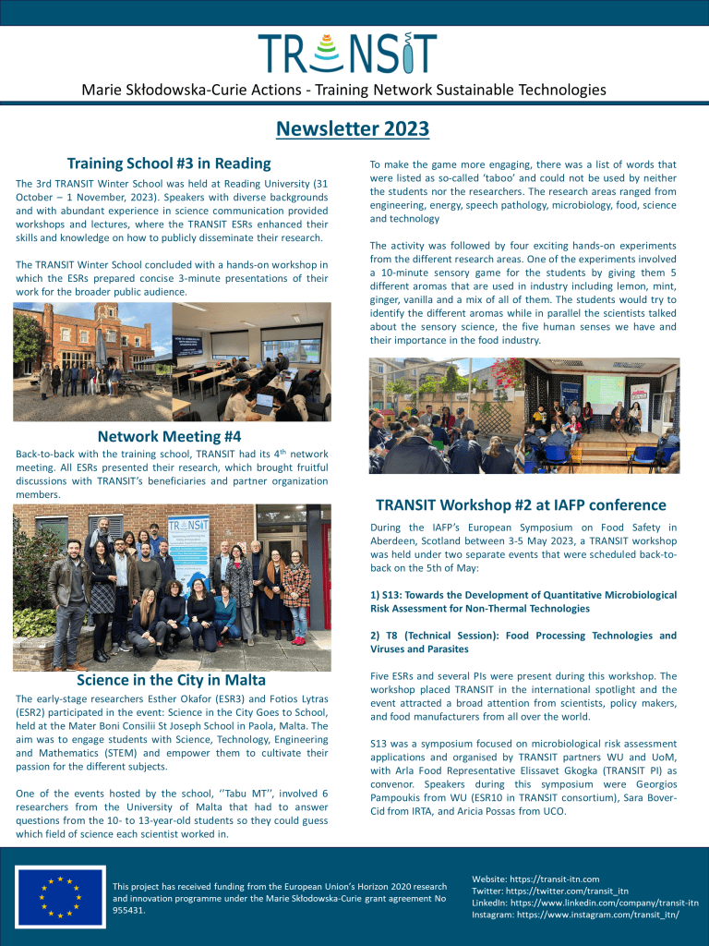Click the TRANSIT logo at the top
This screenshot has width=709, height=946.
(x=347, y=53)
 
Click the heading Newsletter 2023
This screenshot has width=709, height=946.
(x=354, y=128)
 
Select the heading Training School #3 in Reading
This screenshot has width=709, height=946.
(x=169, y=164)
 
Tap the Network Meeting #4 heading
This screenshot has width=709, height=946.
(x=169, y=436)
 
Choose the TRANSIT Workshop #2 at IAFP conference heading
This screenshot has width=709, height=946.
(x=521, y=505)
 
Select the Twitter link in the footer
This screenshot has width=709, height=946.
(x=549, y=891)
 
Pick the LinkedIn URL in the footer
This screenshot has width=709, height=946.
(x=584, y=903)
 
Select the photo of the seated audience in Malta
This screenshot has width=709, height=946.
(x=523, y=416)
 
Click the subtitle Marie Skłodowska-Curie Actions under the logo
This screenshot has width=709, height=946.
(x=343, y=90)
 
